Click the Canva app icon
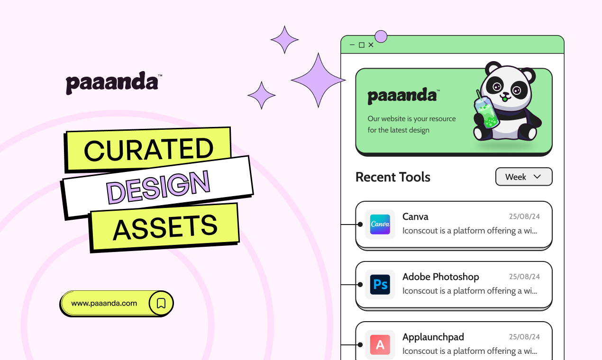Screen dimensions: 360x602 (380, 225)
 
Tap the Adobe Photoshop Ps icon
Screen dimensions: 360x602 (380, 284)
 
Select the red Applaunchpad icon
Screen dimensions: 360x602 (380, 344)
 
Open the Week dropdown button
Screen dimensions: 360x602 (524, 177)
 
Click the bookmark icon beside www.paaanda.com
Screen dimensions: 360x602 (161, 303)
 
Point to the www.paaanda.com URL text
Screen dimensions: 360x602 (104, 303)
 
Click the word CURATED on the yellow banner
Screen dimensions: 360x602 (148, 150)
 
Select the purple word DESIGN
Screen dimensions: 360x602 (158, 185)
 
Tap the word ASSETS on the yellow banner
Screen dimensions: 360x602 (165, 227)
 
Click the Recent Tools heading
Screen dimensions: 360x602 (393, 177)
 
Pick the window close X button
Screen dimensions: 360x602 (371, 45)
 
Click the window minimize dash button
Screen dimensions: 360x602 (352, 45)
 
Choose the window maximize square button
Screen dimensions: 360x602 (362, 45)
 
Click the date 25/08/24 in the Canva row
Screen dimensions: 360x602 (524, 217)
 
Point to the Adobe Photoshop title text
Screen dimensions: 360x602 (441, 277)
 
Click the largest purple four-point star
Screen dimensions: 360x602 (318, 80)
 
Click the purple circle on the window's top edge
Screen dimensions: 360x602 (381, 36)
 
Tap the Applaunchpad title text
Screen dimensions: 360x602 (433, 337)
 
